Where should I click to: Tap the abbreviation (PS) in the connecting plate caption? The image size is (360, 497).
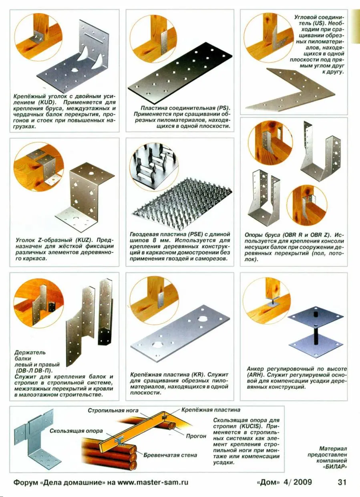(x=223, y=108)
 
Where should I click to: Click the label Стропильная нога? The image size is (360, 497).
(x=113, y=410)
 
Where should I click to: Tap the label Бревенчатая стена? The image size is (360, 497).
(x=170, y=455)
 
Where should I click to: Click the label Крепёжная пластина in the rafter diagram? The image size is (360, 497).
(x=211, y=410)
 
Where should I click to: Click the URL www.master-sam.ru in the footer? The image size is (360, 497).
(x=153, y=482)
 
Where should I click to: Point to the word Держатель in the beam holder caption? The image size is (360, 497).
(x=30, y=352)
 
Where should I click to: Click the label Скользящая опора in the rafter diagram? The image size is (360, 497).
(x=76, y=431)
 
